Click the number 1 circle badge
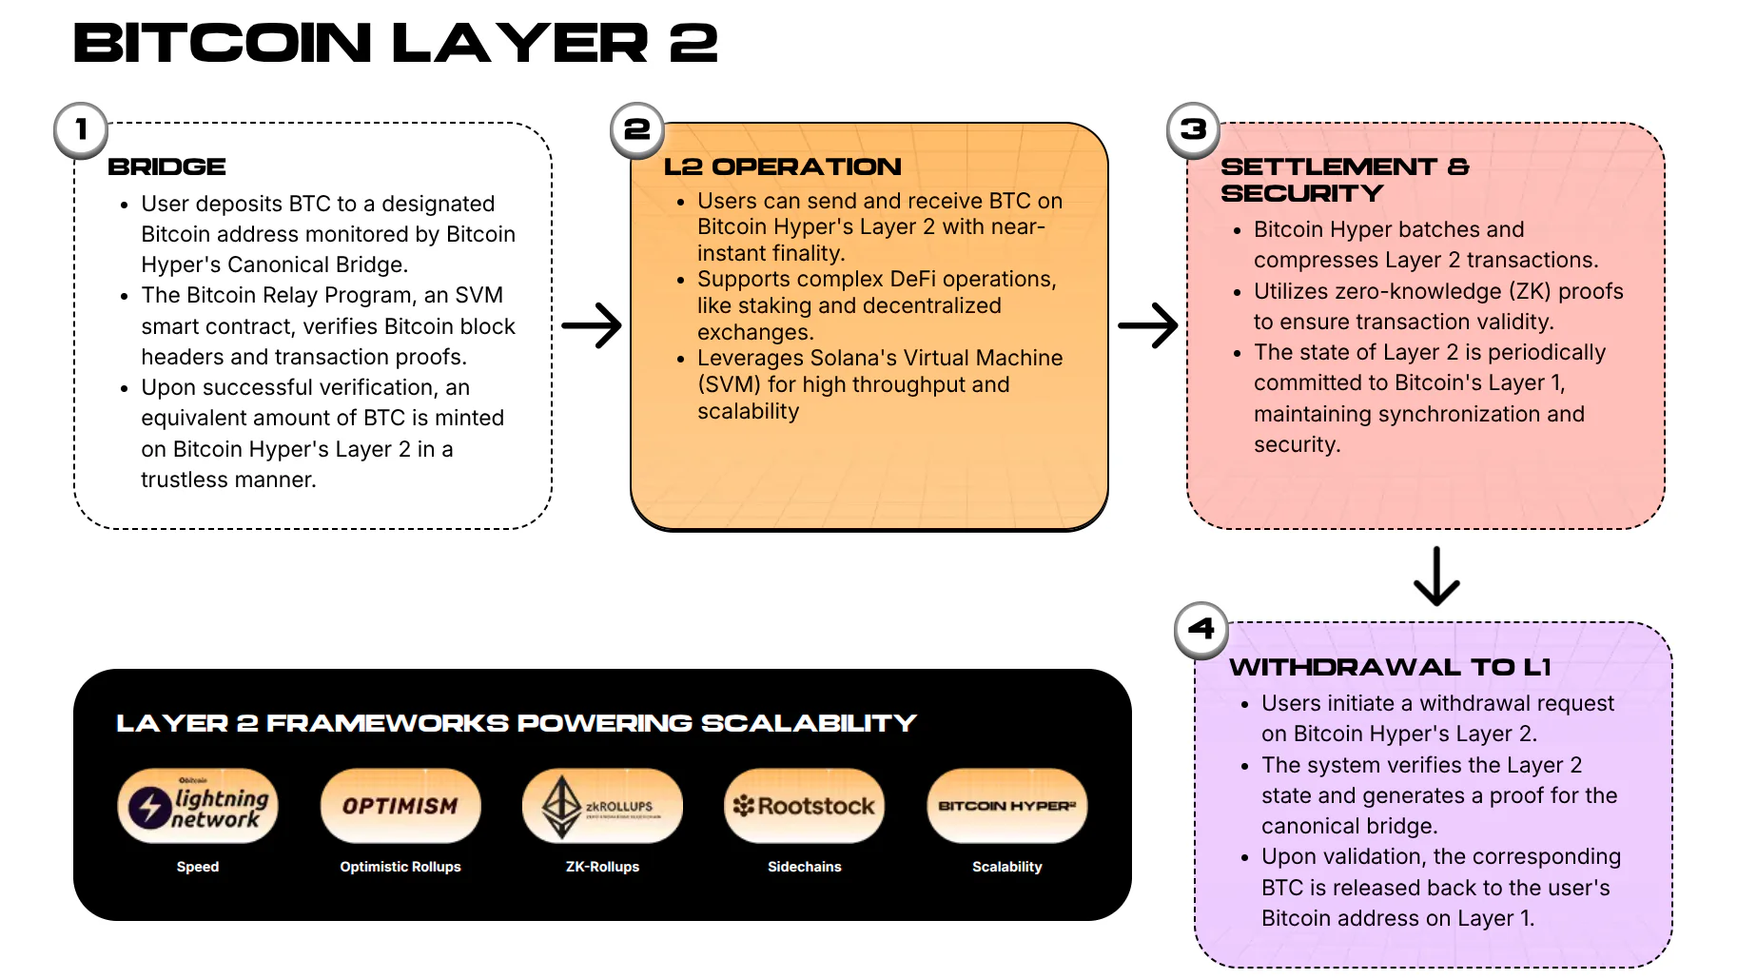pos(81,129)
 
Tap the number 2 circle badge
pos(636,129)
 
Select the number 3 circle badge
pos(1193,129)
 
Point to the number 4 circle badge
pos(1201,630)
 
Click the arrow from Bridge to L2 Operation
pos(592,325)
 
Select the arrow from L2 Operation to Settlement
pos(1148,325)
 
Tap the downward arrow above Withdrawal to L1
pos(1436,577)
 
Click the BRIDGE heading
pos(166,167)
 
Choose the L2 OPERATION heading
pos(782,167)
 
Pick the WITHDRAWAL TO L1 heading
pos(1390,668)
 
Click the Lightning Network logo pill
pos(198,807)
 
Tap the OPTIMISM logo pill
pos(400,807)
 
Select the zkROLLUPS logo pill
pos(602,807)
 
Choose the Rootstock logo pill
pos(805,807)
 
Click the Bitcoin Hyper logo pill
pos(1006,807)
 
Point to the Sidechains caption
pos(805,867)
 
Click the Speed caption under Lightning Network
pos(198,867)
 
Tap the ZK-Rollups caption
pos(602,867)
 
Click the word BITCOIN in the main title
pos(223,44)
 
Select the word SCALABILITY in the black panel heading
pos(809,724)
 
